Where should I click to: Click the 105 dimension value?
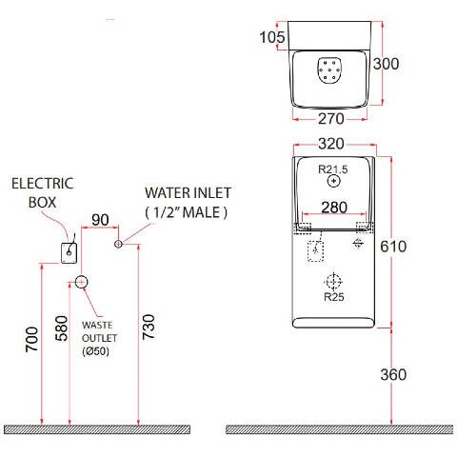click(272, 37)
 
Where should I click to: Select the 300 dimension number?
click(386, 64)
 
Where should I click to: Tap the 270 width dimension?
click(331, 119)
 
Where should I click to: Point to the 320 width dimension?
click(331, 144)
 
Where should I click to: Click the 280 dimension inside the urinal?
click(334, 208)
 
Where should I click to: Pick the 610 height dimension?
click(393, 247)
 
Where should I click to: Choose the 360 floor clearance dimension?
click(393, 375)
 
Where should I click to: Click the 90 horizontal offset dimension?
click(100, 220)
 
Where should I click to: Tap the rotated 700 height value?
click(31, 339)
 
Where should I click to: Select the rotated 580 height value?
click(62, 328)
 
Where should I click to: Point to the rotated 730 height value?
click(149, 328)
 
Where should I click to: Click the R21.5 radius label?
click(333, 169)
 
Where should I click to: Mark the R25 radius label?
click(334, 297)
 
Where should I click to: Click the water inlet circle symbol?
click(118, 244)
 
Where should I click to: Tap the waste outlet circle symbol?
click(81, 282)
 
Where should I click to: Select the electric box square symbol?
click(69, 253)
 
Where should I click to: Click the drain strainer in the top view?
click(330, 70)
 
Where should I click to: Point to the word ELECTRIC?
click(43, 184)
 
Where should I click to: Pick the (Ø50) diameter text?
click(95, 351)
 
